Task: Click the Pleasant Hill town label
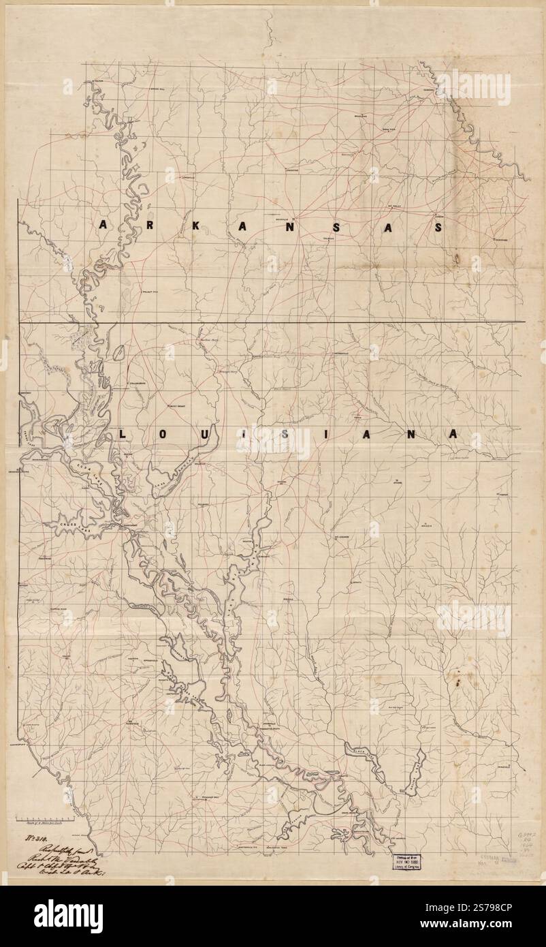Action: coord(208,796)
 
